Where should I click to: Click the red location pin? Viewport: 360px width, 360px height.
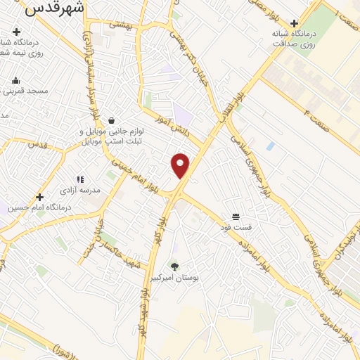click(x=181, y=165)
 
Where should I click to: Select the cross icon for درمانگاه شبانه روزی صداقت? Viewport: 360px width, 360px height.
click(x=294, y=22)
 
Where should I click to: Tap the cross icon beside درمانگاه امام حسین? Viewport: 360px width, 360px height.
click(x=40, y=197)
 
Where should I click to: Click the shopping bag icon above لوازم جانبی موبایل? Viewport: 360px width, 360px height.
click(x=112, y=120)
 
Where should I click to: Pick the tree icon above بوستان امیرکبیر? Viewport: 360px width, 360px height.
click(x=174, y=266)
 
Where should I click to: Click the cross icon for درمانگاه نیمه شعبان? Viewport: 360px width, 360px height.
click(x=16, y=32)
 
